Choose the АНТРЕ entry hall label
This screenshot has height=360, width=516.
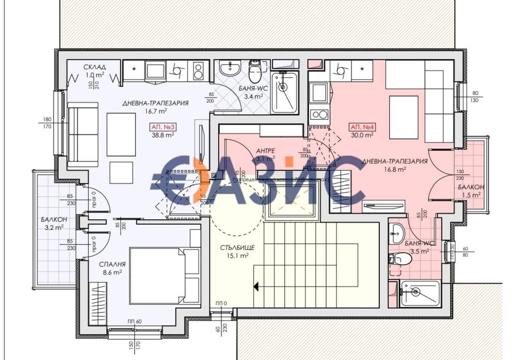coord(265,150)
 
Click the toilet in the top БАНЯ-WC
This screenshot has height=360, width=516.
coord(254,69)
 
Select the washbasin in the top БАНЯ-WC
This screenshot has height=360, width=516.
coord(228,69)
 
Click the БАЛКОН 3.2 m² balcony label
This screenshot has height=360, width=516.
coord(53,223)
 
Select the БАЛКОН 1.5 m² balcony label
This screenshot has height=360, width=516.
coord(470,191)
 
